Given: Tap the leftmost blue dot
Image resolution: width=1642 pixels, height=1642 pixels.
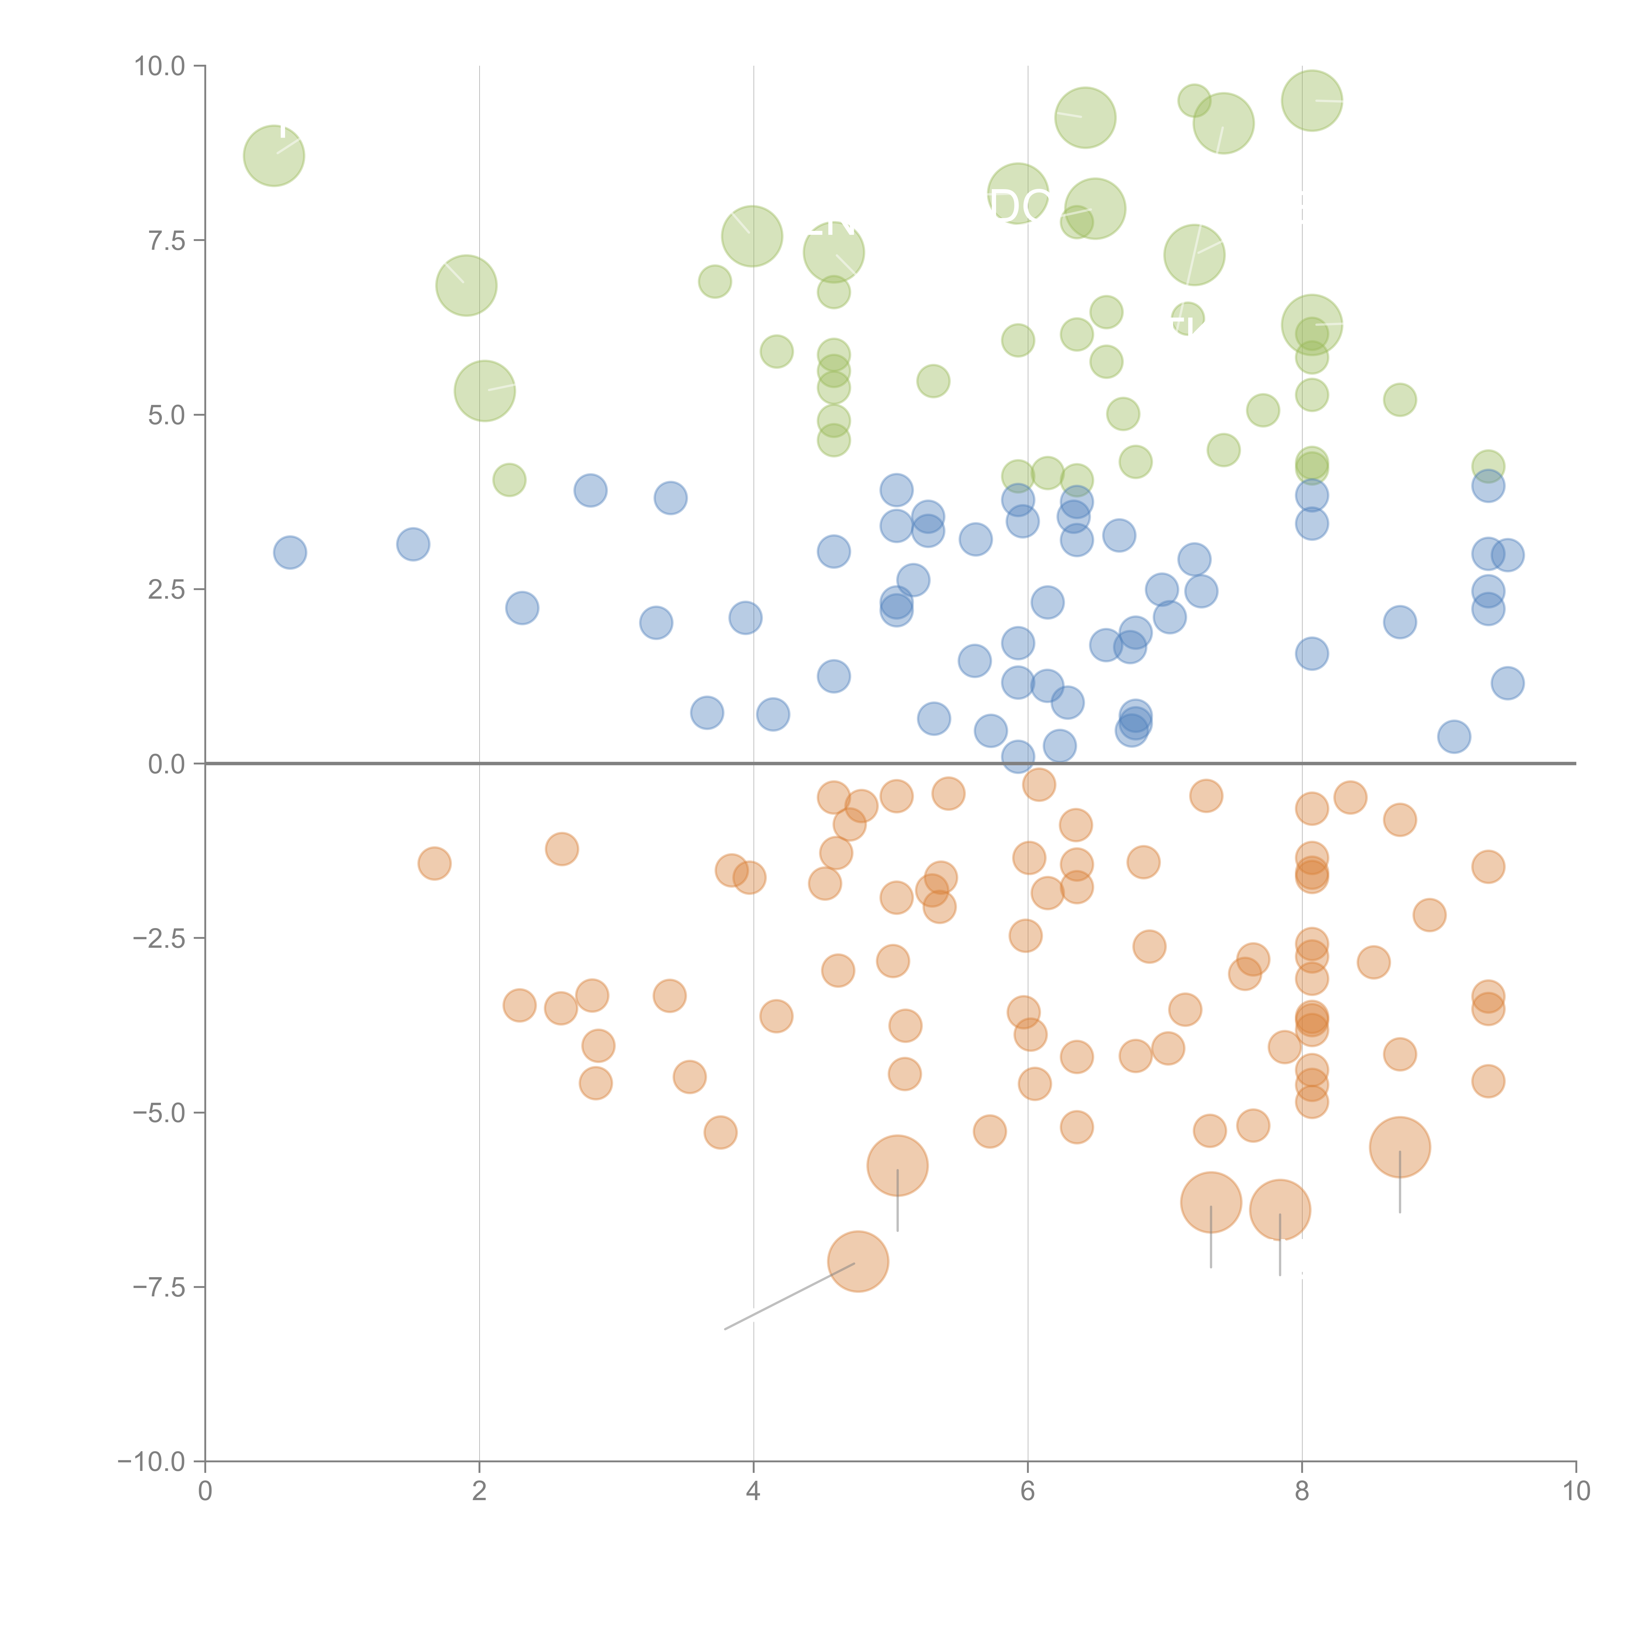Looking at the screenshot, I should click(290, 552).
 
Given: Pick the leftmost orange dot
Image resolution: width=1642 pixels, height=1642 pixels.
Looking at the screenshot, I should click(434, 863).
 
